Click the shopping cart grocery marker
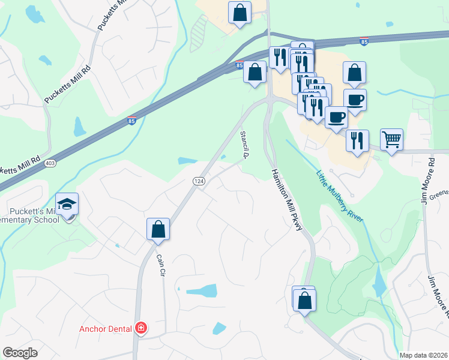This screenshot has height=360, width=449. point(391,140)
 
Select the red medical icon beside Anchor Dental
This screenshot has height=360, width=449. point(141,328)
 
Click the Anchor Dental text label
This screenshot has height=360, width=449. point(106,328)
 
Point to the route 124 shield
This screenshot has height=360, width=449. point(198,181)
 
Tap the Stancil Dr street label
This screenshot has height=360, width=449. point(244,145)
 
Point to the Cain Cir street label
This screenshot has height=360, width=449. point(161,264)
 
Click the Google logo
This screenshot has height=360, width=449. point(20,352)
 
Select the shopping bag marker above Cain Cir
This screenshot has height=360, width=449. point(158,229)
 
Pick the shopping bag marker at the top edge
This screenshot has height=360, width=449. point(240,12)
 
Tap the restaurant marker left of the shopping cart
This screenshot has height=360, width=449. point(357,141)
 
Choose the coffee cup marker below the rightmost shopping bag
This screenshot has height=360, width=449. point(354,100)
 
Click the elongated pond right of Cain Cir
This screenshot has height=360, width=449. point(202,291)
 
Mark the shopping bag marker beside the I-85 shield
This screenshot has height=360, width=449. point(255,72)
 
